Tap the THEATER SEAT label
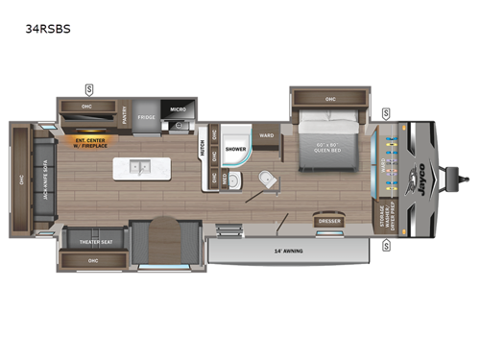93,242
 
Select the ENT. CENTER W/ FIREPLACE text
90,144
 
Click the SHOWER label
235,150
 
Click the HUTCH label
203,150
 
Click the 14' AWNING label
288,252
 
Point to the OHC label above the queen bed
330,99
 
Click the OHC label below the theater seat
93,259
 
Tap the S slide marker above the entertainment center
88,89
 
